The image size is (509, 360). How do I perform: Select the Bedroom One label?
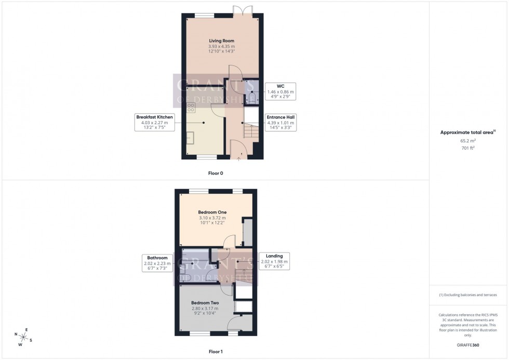(x=212, y=212)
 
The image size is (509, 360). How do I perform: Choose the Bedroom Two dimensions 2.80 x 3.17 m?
(x=205, y=308)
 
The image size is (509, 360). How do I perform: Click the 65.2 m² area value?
(x=468, y=141)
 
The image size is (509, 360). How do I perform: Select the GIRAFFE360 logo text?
(x=468, y=344)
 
